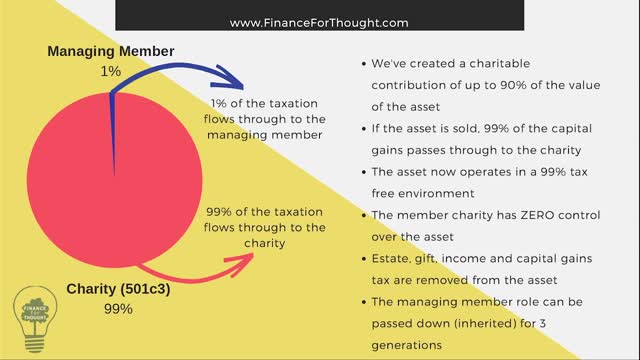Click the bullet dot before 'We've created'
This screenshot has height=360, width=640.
[360, 63]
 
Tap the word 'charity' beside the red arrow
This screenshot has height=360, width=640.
[269, 242]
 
